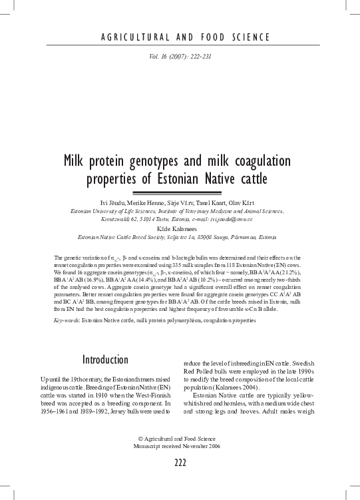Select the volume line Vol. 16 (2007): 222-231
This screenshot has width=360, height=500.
click(x=180, y=57)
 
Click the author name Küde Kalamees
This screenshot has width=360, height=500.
click(x=180, y=227)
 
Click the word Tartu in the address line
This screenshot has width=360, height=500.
click(x=156, y=219)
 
